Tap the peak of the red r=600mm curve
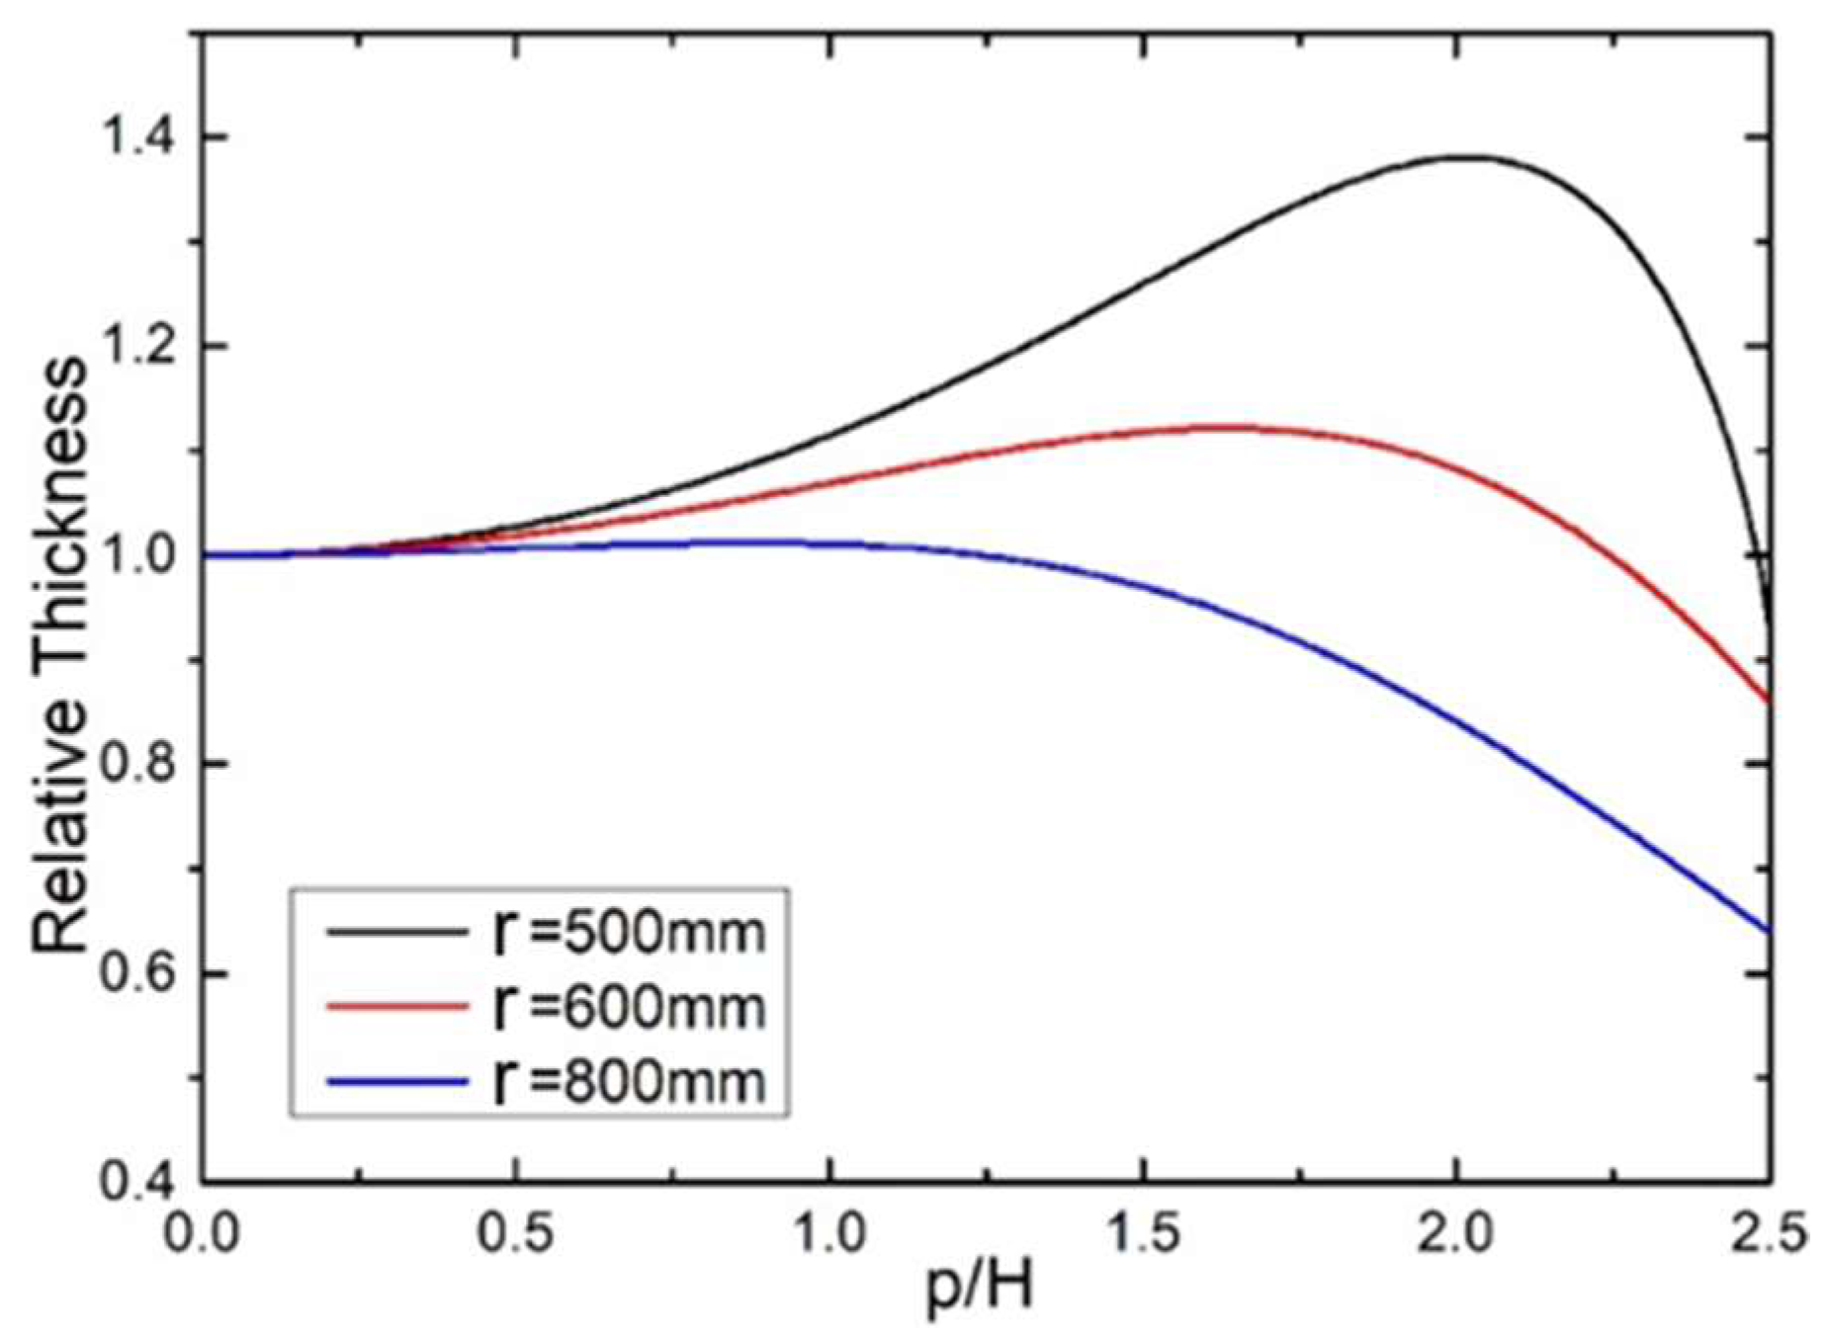tap(1221, 427)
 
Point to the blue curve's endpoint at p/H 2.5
tap(1768, 930)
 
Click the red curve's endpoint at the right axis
tap(1768, 702)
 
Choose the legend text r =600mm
tap(629, 1007)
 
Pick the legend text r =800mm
tap(629, 1081)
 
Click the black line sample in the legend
tap(395, 931)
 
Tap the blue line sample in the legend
tap(395, 1082)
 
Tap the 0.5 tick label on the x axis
tap(515, 1235)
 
